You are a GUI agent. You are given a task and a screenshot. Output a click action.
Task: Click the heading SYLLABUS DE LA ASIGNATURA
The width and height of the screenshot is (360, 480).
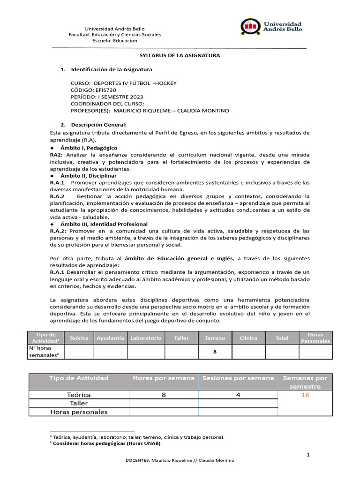pyautogui.click(x=180, y=55)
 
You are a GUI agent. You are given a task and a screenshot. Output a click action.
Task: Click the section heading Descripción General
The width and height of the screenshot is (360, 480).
pyautogui.click(x=98, y=125)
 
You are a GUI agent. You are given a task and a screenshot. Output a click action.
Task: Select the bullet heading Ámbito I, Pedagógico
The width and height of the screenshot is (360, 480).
pyautogui.click(x=89, y=148)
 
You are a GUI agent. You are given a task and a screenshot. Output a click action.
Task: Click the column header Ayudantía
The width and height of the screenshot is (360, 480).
pyautogui.click(x=110, y=338)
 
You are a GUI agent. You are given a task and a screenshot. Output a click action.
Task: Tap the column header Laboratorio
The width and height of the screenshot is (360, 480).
pyautogui.click(x=146, y=338)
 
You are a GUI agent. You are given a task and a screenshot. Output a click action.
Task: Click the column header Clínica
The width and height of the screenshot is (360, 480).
pyautogui.click(x=248, y=338)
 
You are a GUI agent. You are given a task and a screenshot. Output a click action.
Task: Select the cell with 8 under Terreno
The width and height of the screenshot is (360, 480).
pyautogui.click(x=215, y=352)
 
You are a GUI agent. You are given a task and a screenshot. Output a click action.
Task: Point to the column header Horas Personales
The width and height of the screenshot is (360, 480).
pyautogui.click(x=315, y=338)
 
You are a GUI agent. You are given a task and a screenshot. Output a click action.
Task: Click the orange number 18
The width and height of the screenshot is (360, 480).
pyautogui.click(x=305, y=395)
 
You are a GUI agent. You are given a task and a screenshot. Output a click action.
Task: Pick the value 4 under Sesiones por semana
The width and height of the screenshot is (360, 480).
pyautogui.click(x=238, y=395)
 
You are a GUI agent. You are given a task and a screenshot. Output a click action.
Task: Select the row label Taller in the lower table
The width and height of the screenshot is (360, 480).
pyautogui.click(x=79, y=403)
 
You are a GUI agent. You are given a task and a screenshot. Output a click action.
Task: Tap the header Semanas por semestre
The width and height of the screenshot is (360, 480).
pyautogui.click(x=305, y=382)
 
